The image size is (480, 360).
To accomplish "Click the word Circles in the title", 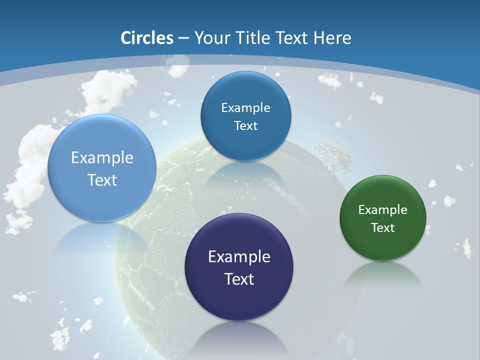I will pos(147,38).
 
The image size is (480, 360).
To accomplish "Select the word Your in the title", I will pos(210,38).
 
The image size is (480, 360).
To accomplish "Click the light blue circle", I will pos(101,168).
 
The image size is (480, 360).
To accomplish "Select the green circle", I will pos(383,218).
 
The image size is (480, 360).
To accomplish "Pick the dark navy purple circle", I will pos(239,267).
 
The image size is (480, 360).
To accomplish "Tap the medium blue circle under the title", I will pos(245,116).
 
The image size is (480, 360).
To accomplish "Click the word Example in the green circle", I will pos(383,209).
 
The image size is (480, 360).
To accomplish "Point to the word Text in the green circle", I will pos(383,227).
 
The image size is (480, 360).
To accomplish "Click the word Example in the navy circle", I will pos(239,256).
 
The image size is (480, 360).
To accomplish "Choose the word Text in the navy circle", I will pos(239,278).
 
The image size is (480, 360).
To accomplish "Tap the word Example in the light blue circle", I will pos(102,157).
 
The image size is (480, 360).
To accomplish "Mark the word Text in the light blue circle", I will pos(102,180).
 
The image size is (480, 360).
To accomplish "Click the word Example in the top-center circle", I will pos(245,107).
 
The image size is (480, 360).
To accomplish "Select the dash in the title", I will pos(183,38).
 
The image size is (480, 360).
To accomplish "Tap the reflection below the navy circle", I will pos(239,337).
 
